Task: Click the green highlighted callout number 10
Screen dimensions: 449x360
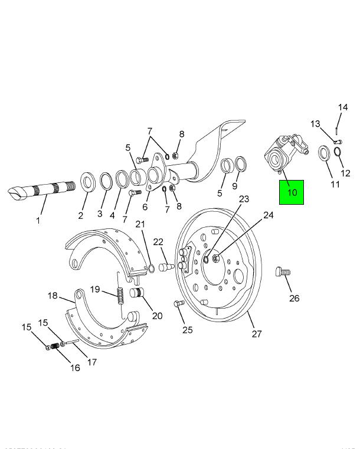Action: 292,192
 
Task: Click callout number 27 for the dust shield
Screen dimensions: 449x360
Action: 256,333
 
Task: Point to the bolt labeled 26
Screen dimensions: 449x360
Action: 283,273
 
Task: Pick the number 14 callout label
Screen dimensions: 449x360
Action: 343,107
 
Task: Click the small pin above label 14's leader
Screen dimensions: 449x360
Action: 336,127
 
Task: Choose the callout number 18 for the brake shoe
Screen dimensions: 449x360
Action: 53,296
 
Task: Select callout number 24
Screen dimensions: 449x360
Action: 269,215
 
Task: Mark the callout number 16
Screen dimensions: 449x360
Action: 75,368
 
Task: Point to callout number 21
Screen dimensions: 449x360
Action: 140,224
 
